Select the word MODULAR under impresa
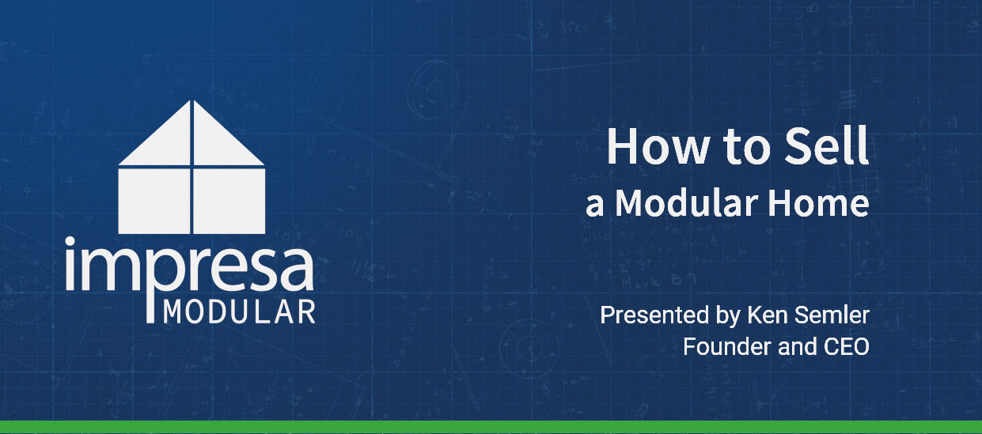click(238, 311)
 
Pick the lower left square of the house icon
click(154, 201)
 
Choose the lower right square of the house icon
click(229, 201)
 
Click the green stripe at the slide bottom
click(491, 428)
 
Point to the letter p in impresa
click(149, 273)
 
